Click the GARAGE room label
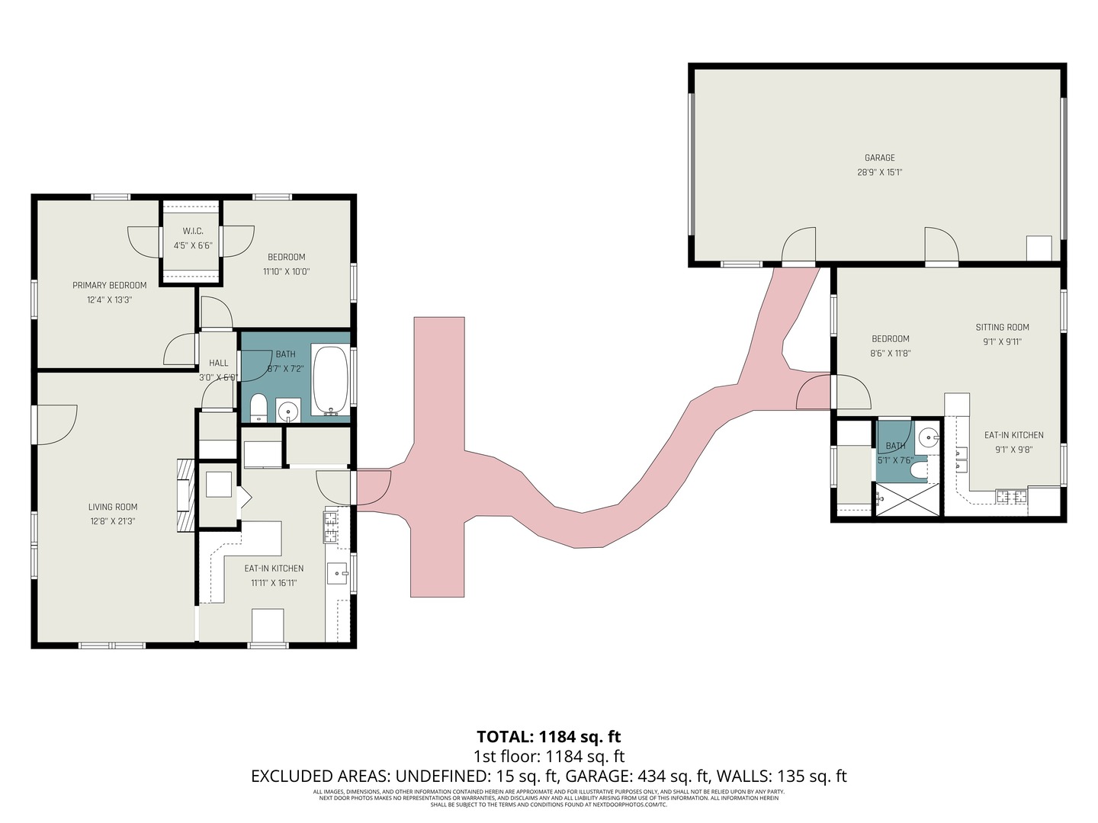(x=879, y=158)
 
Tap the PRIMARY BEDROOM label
(x=109, y=285)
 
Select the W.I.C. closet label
(x=192, y=231)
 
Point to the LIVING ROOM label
(x=113, y=507)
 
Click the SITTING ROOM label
(x=1002, y=327)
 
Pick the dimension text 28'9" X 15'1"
(x=879, y=172)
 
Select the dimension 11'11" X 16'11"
(x=274, y=583)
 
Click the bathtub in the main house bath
(x=330, y=380)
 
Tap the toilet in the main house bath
(x=258, y=407)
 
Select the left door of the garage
(x=798, y=245)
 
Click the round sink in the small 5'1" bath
(x=928, y=437)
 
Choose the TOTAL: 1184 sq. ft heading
(x=548, y=736)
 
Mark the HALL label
(x=219, y=363)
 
